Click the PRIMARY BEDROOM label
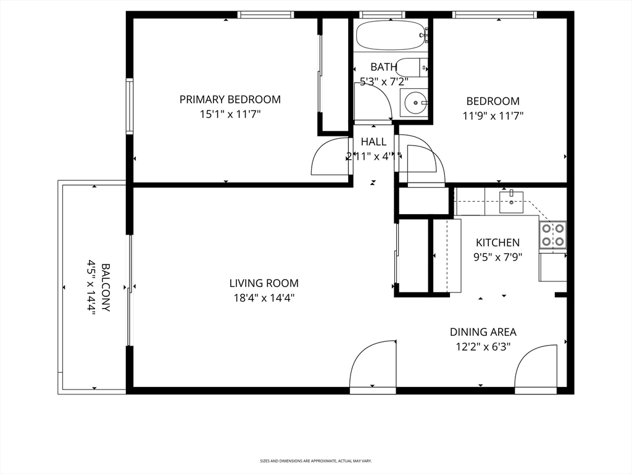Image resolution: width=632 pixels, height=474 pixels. tap(230, 99)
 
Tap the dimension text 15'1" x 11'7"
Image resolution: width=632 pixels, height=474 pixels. tap(230, 114)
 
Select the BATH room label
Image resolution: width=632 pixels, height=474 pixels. tap(383, 67)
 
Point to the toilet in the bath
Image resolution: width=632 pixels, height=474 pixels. tap(410, 66)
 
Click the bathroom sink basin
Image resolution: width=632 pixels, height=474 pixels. tap(415, 102)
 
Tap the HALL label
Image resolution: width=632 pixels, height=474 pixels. tap(374, 142)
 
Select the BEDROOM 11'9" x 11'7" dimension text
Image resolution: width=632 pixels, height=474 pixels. tap(493, 115)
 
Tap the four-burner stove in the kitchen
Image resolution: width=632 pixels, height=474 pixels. tap(553, 235)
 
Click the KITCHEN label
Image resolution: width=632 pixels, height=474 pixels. tap(497, 243)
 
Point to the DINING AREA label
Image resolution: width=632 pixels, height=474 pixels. tap(483, 332)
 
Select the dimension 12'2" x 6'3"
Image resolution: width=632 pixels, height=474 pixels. tap(483, 347)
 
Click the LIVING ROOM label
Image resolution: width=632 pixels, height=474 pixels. tap(264, 283)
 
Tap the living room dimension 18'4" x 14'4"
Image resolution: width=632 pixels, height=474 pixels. tap(264, 298)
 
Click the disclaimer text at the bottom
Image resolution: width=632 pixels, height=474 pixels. tap(315, 460)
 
